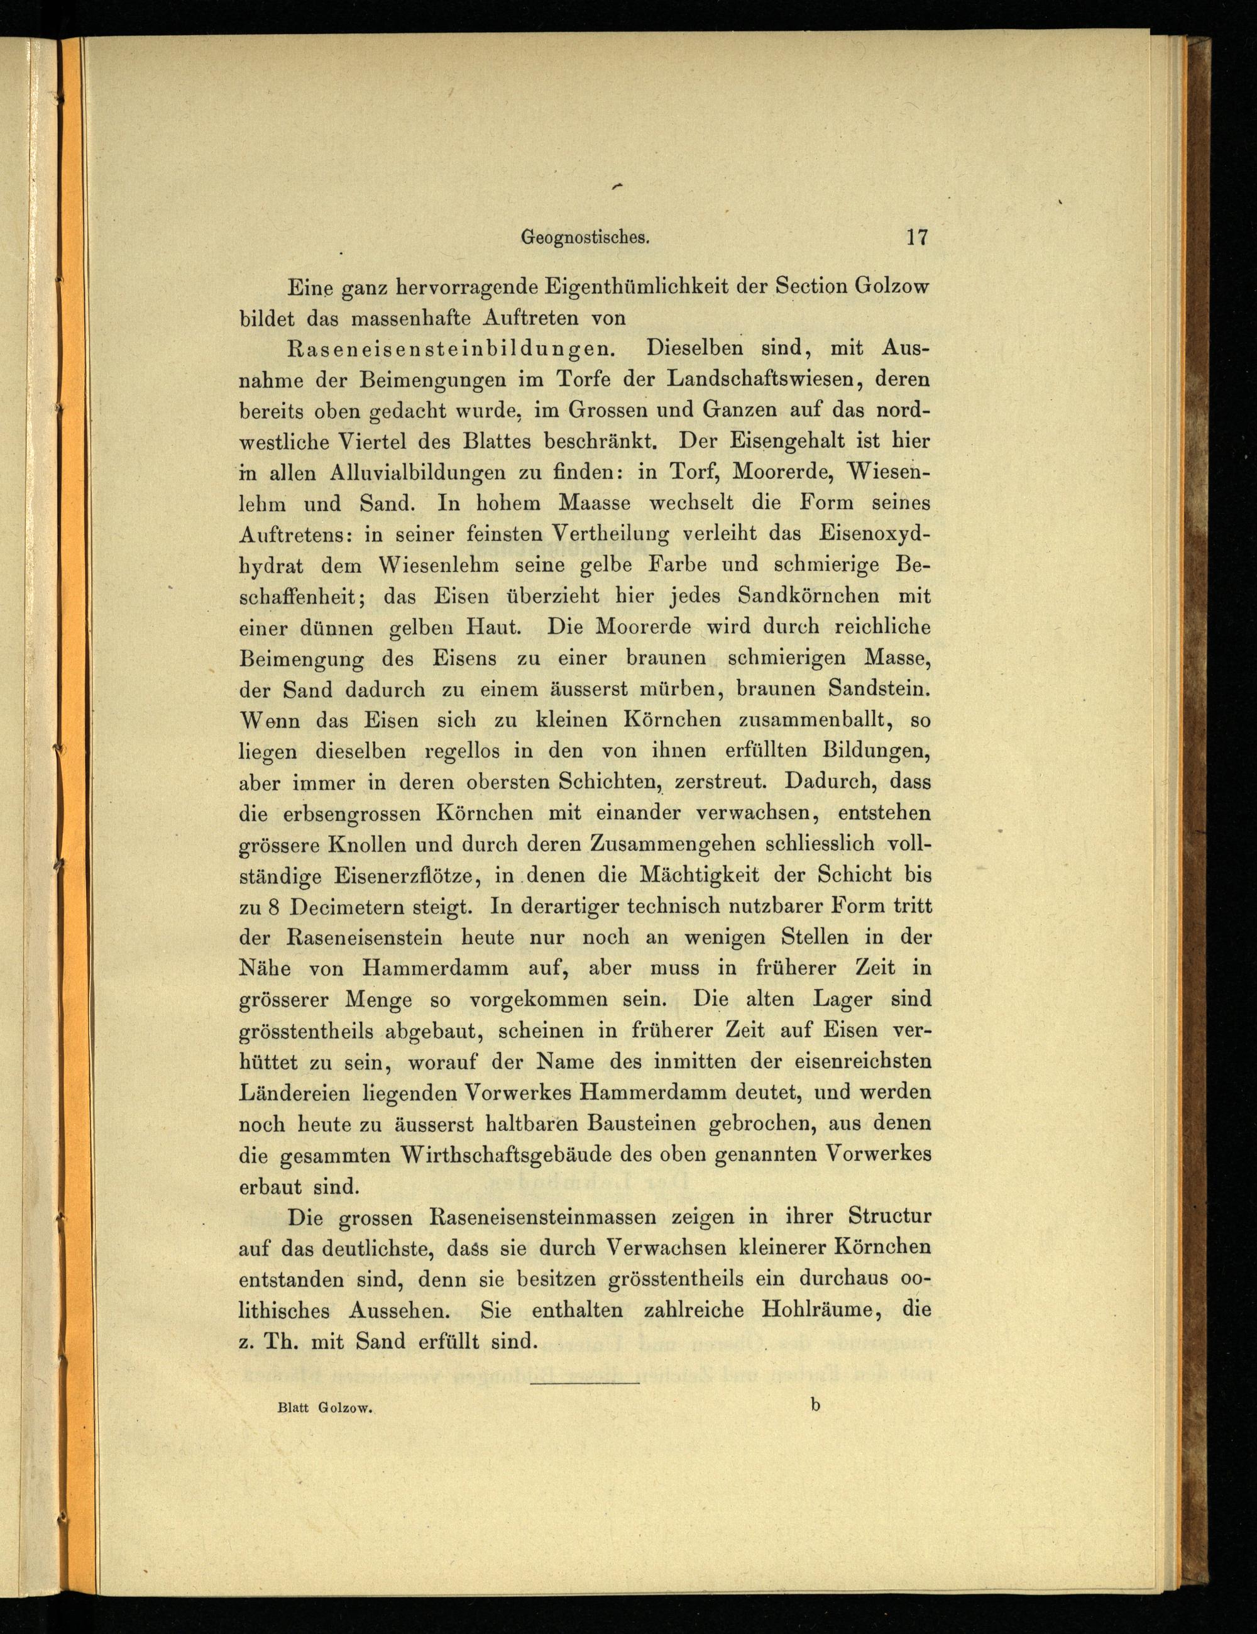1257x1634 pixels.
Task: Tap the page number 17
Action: [x=917, y=237]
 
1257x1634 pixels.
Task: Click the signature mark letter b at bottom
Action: [x=815, y=1405]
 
